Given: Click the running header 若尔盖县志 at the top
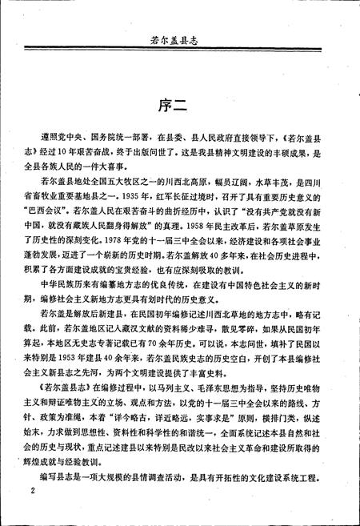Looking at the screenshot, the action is click(x=180, y=37).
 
